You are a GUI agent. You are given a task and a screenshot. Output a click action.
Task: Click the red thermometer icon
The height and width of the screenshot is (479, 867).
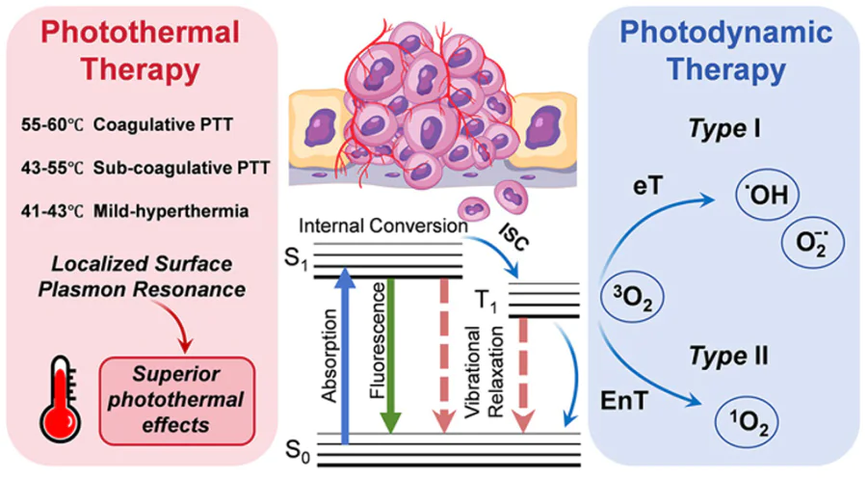coord(61,396)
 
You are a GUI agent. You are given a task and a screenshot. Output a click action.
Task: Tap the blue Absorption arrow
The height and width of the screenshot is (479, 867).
coord(345,358)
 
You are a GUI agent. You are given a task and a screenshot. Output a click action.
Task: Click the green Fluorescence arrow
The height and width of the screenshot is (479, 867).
coord(390,358)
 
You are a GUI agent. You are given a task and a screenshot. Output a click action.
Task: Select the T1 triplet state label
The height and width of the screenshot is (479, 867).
coord(492,298)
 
